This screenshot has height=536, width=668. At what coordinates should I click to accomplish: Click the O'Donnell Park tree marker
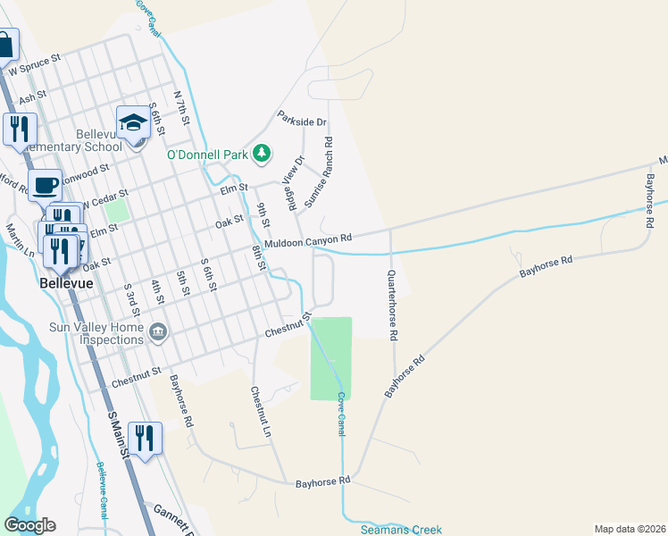coord(261,154)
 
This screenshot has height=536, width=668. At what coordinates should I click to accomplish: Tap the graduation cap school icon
coord(133,122)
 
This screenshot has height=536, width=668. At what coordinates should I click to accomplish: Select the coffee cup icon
coord(45,186)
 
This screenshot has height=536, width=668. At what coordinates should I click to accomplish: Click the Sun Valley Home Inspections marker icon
coord(159,332)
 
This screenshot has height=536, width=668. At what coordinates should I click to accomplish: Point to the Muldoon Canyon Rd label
coord(308,239)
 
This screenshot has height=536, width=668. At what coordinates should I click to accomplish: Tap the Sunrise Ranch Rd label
coord(319,172)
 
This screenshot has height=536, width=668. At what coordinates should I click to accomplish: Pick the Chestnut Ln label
coord(260,411)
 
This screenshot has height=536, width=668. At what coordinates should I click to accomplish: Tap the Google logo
coord(29,525)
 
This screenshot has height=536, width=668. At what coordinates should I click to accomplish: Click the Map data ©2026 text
coord(630,529)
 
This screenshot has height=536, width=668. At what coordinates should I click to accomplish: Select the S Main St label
coord(119,435)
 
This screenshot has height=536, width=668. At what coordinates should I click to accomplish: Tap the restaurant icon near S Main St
coord(144,438)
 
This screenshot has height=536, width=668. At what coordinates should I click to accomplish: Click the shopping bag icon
coord(4,45)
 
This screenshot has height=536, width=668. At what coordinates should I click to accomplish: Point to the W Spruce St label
coord(34,63)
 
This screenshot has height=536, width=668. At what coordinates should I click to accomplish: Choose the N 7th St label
coord(183,106)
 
